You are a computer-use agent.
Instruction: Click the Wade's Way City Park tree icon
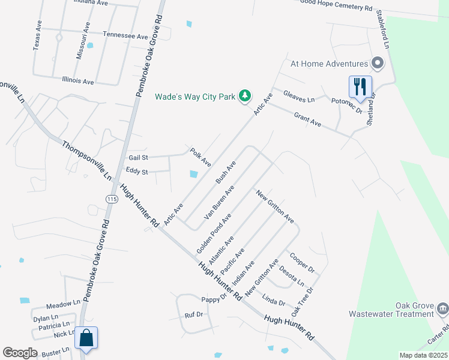point(245,95)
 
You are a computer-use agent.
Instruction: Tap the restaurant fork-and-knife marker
point(360,86)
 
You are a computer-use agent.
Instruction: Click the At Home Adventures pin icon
point(378,63)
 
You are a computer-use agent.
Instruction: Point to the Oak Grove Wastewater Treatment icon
point(442,309)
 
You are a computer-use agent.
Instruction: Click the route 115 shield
point(111,199)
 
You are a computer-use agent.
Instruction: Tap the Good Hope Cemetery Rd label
point(336,7)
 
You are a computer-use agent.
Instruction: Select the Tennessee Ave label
point(125,36)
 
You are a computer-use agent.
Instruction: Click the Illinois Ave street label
point(78,80)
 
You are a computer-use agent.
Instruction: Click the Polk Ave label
point(200,157)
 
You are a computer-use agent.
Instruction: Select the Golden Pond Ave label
point(214,232)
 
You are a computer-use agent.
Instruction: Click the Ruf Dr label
point(193,314)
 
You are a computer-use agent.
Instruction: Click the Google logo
point(20,353)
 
